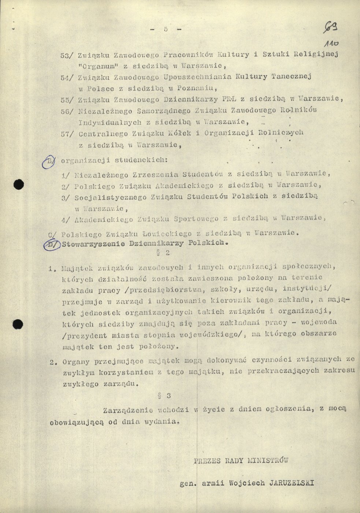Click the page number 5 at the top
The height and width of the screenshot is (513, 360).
165,30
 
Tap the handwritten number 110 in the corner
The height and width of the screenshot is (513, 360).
330,43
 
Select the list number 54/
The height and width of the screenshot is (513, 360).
68,77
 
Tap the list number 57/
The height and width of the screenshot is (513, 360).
68,134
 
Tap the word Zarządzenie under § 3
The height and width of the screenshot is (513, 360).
125,410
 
